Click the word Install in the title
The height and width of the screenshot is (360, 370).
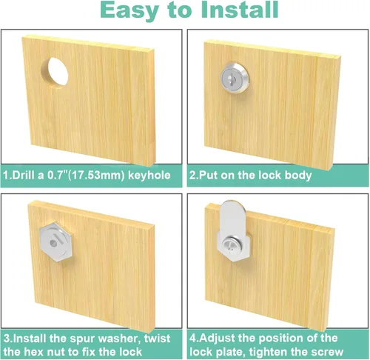point(240,10)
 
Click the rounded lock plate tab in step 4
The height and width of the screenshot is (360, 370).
point(232,219)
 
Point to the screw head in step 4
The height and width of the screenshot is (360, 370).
point(232,245)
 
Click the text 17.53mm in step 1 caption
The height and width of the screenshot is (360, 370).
point(95,176)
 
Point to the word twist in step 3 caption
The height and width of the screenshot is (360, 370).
point(158,339)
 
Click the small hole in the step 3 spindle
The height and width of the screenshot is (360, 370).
point(53,244)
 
